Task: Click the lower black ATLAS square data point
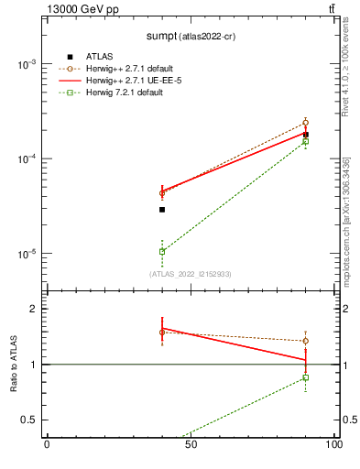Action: coord(162,210)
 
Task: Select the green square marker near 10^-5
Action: coord(162,251)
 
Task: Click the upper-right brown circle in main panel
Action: coord(306,123)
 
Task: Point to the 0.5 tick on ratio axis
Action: coord(30,420)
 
